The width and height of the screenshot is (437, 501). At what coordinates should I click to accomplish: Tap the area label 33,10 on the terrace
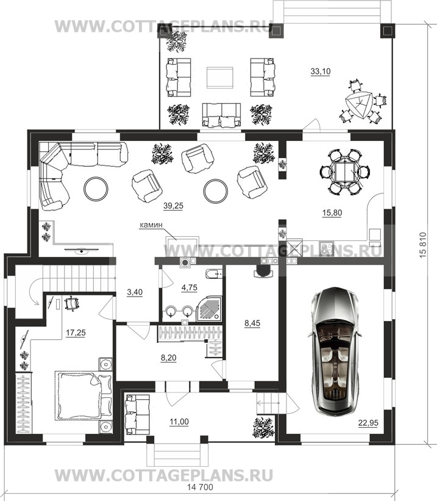coord(321,71)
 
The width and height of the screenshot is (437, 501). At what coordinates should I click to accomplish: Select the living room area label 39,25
coord(173,206)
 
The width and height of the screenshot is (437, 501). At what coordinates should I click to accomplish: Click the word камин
coord(151,225)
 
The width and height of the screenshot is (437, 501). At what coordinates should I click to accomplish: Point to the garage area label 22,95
coord(368,423)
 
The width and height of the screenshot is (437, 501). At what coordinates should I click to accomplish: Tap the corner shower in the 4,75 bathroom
coord(210,308)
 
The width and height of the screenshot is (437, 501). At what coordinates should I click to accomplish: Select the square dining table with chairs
coord(345,171)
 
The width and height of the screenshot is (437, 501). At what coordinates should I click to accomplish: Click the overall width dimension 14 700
coord(199,487)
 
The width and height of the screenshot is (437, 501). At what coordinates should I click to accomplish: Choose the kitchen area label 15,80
coord(332,213)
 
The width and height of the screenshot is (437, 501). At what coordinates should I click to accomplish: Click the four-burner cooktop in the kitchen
coord(326,248)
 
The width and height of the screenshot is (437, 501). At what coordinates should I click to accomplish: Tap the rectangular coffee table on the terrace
coord(219,77)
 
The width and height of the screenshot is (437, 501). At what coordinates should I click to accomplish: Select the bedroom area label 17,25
coord(76,333)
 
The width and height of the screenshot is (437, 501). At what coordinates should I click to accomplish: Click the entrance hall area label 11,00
coord(179,422)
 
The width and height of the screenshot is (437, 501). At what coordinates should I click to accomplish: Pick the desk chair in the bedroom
coord(72,303)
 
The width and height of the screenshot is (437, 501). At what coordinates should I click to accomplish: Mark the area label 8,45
coord(252,323)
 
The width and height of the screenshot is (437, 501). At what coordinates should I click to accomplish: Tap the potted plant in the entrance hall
coord(263,427)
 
